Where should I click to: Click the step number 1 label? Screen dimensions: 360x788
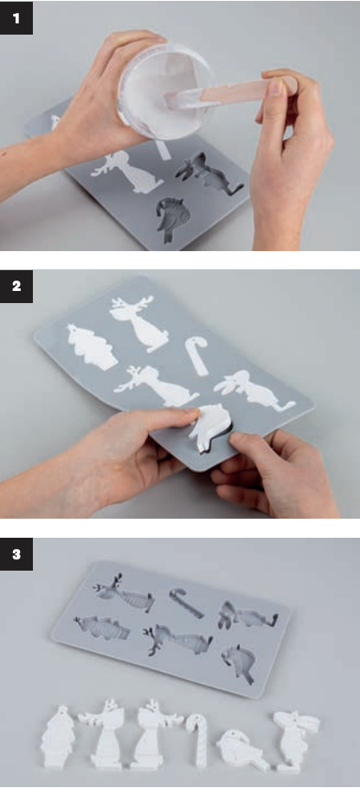coord(16,18)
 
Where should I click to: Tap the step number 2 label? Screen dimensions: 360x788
coord(16,287)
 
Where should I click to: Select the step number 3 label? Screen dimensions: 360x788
coord(16,554)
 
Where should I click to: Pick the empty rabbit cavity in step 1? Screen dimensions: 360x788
coord(208,174)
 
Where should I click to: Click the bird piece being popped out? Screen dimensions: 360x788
coord(210,426)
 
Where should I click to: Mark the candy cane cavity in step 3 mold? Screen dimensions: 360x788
coord(185,602)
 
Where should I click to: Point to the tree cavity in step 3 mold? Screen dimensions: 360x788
coord(101,627)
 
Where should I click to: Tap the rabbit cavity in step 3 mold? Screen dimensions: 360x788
coord(247,614)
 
